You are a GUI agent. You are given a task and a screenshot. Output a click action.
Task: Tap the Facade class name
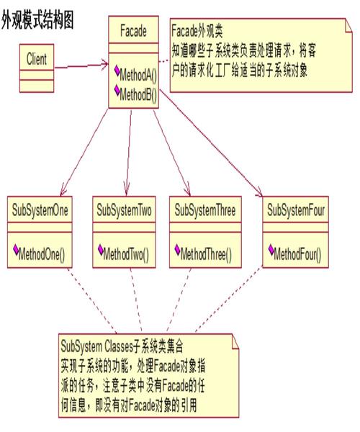tap(132, 31)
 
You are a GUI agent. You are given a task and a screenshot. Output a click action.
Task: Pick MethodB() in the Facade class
tap(138, 93)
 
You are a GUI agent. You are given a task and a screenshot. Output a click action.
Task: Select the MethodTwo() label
tap(127, 254)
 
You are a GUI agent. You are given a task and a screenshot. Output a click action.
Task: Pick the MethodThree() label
tap(210, 254)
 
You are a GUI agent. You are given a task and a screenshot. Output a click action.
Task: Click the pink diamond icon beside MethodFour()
tap(270, 251)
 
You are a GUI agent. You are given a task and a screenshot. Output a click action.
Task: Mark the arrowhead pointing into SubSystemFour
tap(259, 192)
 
